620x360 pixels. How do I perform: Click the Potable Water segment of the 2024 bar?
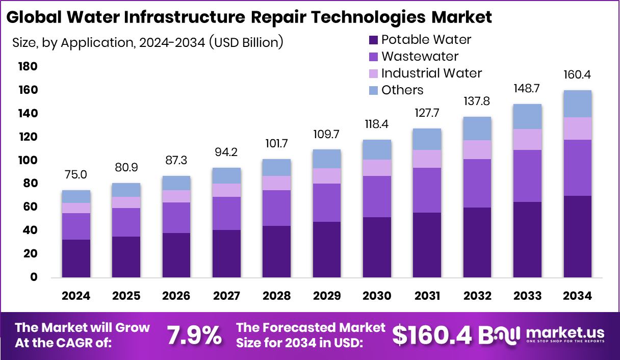tap(76, 259)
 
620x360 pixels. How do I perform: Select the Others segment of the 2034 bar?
tap(577, 104)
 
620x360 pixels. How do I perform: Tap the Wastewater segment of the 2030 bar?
tap(377, 196)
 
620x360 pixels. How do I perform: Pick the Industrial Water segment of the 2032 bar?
tap(477, 149)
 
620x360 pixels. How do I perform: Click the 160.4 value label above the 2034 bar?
tap(577, 75)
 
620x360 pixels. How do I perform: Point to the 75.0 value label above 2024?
tap(76, 175)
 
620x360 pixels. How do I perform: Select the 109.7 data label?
tap(327, 135)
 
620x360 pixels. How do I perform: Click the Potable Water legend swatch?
tap(373, 40)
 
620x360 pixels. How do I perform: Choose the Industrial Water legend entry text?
tap(431, 73)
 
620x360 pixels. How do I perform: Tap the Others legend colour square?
tap(373, 90)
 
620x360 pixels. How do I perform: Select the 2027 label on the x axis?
tap(226, 296)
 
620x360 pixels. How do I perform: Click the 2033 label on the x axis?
tap(527, 296)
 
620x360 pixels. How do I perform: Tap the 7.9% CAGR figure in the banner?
tap(194, 335)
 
